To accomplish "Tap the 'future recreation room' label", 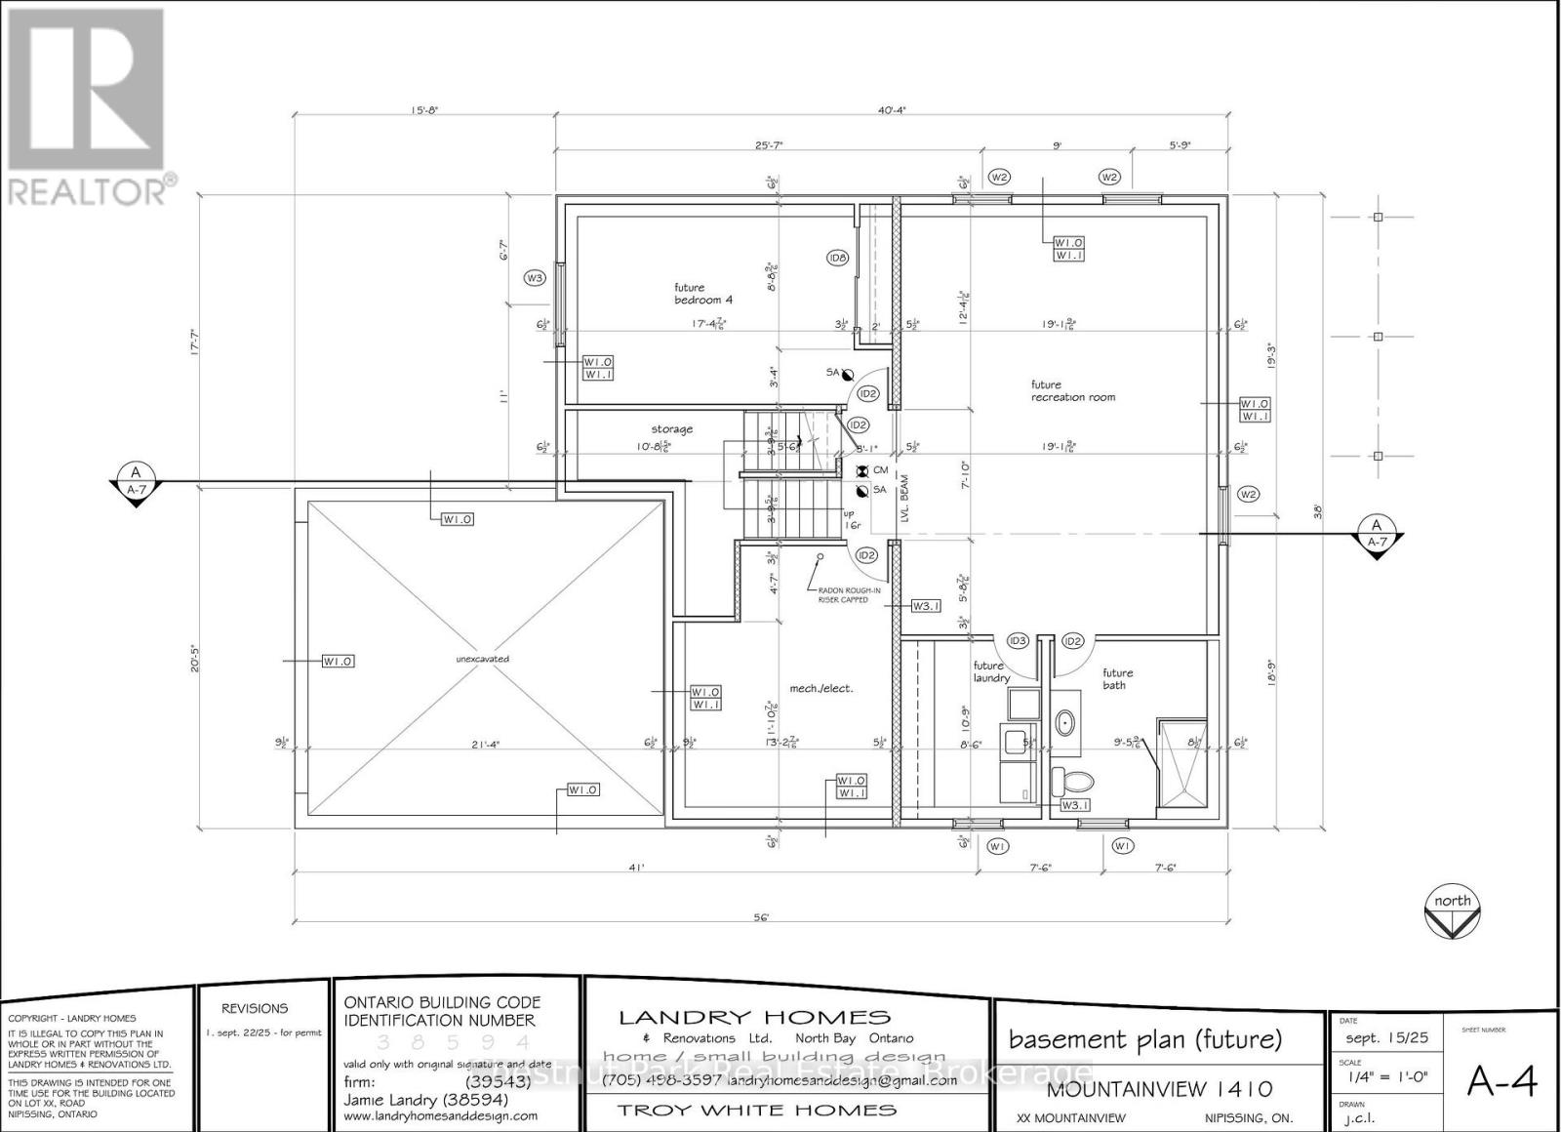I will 1072,390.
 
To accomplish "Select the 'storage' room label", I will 672,428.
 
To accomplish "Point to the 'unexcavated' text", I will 482,659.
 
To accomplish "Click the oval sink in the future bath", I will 1065,723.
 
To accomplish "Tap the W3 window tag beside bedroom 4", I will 534,278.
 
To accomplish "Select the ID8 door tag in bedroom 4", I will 837,258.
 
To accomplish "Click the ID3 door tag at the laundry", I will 1018,641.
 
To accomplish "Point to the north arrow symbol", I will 1453,911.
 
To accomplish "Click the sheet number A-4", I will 1502,1081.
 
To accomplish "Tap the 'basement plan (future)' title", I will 1145,1039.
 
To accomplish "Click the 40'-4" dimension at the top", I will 892,110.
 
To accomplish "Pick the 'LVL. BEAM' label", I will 904,501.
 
